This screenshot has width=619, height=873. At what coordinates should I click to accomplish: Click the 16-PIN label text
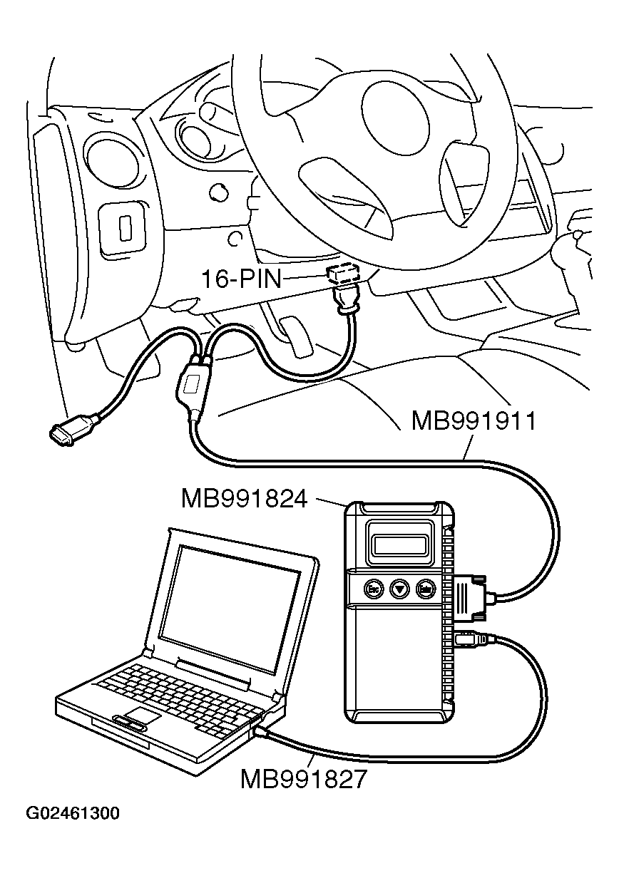point(241,279)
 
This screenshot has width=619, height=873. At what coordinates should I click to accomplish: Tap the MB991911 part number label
point(473,421)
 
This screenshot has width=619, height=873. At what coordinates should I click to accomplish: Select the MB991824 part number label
point(244,498)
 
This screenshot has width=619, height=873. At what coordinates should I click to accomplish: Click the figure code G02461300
point(73,813)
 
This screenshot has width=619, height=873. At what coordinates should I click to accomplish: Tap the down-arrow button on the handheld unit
point(399,589)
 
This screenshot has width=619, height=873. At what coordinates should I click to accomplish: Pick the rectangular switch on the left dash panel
point(126,227)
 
